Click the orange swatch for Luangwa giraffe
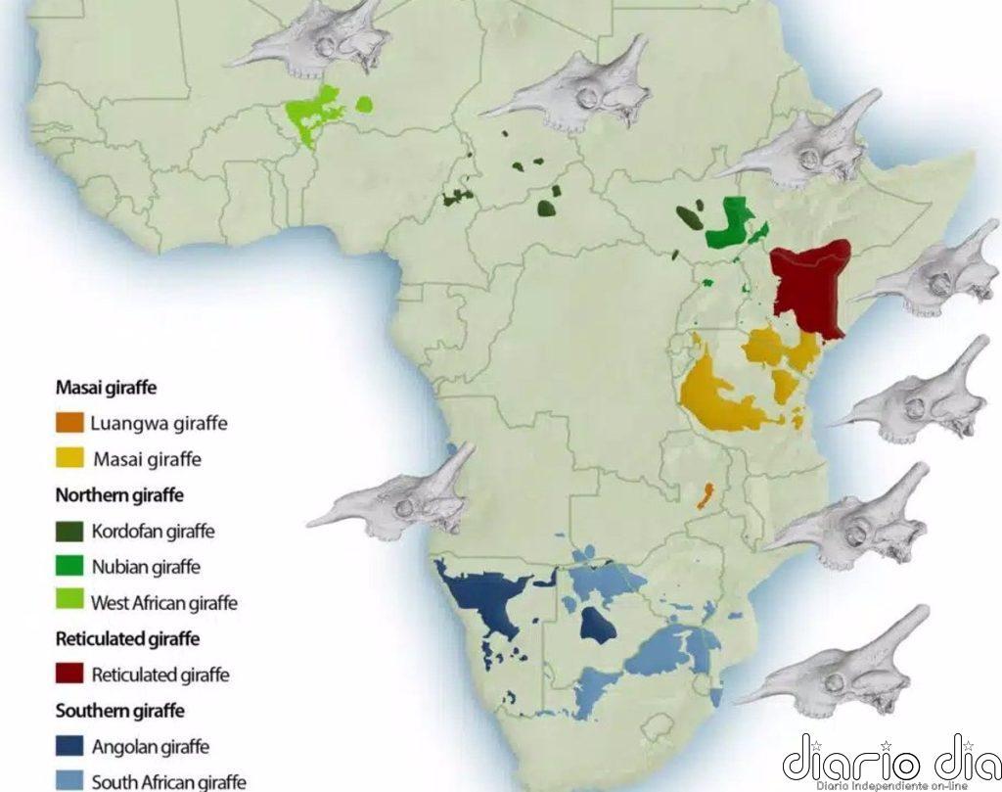[69, 423]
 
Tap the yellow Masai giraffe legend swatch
[69, 458]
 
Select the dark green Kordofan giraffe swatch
[69, 532]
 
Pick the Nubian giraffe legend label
[146, 566]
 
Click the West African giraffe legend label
[163, 602]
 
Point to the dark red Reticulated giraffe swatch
[69, 674]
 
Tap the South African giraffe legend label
[168, 781]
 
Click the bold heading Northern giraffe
[119, 494]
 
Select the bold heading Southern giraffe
[120, 711]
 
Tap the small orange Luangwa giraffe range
[704, 495]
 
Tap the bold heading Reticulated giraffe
[127, 638]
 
